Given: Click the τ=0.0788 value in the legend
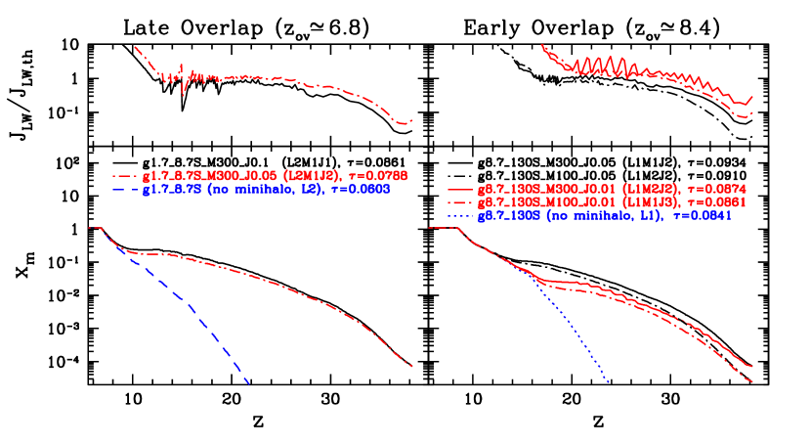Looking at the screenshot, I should coord(375,175).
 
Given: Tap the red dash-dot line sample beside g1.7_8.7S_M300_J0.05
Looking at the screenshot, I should coord(125,176).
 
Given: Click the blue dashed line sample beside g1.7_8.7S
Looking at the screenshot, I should coord(125,190).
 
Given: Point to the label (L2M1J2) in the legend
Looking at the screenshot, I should coord(309,175).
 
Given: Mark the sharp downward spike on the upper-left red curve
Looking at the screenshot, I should coord(183,92).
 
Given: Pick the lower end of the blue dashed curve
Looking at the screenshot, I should coord(249,383).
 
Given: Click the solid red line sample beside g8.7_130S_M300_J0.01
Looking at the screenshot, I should coord(459,189).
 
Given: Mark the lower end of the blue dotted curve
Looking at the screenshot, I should coord(609,382).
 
